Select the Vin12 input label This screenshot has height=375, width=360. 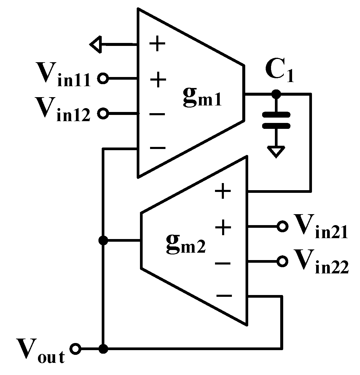click(62, 110)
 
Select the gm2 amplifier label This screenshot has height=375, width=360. click(185, 244)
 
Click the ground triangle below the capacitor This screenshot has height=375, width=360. click(276, 152)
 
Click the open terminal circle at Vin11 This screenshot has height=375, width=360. click(103, 78)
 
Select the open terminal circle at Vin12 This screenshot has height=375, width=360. click(103, 113)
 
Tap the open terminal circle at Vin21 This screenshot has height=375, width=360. click(282, 227)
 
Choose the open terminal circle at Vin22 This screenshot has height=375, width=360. click(282, 261)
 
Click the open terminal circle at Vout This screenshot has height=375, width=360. click(76, 349)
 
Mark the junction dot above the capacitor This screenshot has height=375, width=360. click(276, 94)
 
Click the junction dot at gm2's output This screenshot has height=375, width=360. click(103, 240)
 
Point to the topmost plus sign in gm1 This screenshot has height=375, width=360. click(157, 45)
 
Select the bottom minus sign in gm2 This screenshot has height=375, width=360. click(224, 295)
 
